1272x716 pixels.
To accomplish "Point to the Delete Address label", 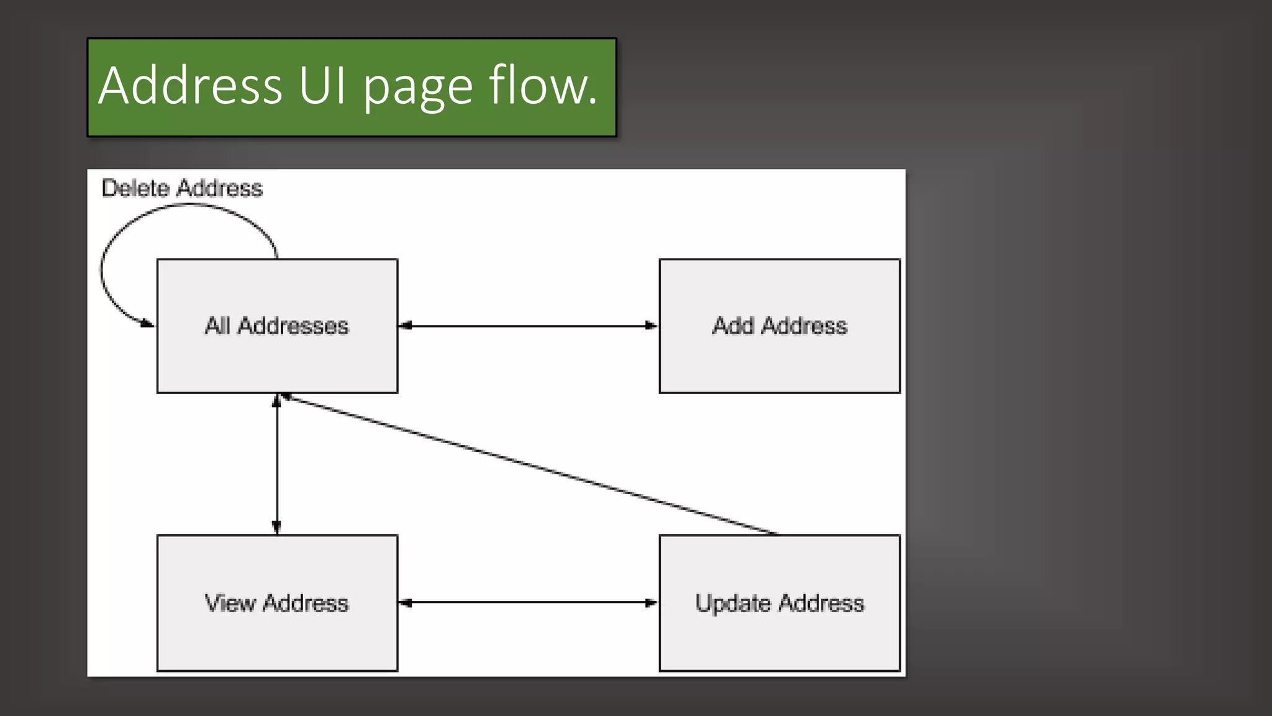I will pos(182,188).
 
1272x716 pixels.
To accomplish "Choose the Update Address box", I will pos(779,637).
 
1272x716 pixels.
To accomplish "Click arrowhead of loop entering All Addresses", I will pos(148,323).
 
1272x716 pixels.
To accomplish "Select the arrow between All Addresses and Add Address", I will pos(528,326).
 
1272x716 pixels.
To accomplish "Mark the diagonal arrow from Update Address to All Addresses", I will pos(528,464).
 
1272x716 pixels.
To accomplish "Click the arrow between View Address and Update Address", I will pos(528,602).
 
